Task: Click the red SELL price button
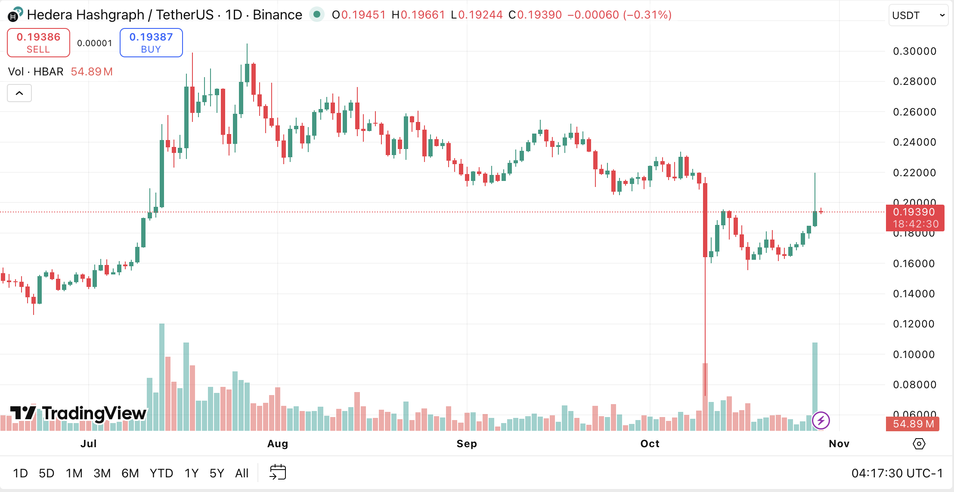pos(38,43)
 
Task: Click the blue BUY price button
pos(151,43)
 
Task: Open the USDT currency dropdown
pos(918,16)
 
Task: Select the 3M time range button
pos(102,473)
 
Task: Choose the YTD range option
pos(161,473)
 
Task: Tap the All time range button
pos(242,473)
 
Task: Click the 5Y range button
pos(217,473)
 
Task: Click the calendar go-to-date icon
pos(278,473)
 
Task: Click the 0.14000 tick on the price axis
pos(914,294)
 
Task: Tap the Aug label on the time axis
pos(278,444)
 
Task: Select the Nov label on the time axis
pos(839,444)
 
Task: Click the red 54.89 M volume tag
pos(913,424)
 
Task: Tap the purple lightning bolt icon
pos(821,420)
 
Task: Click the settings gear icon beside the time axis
pos(919,444)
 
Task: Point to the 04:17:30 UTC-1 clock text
pos(897,473)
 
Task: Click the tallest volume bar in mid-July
pos(162,377)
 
